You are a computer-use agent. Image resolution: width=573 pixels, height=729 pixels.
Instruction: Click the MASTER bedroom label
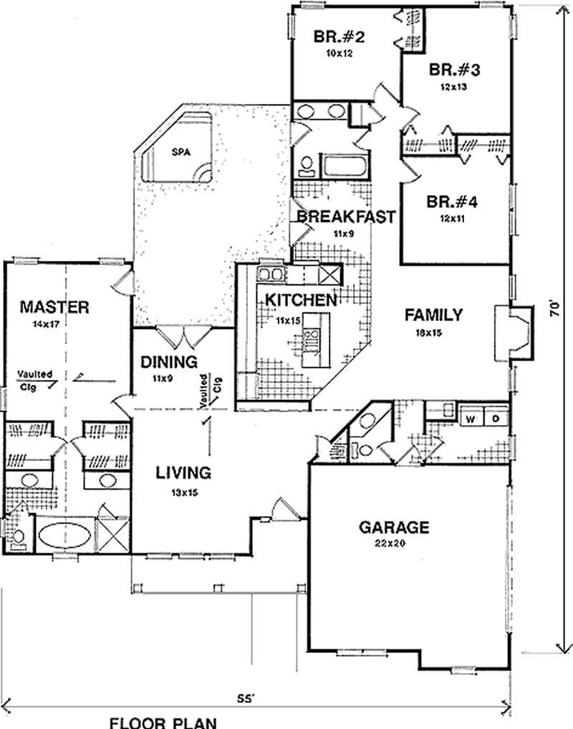point(54,308)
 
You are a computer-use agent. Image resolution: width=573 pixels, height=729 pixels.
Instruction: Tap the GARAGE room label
point(393,528)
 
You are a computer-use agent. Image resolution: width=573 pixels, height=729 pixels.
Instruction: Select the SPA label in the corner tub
point(179,151)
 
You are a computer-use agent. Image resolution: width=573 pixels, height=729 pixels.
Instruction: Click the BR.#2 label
point(340,36)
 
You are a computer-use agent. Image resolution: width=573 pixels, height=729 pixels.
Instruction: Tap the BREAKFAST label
point(346,216)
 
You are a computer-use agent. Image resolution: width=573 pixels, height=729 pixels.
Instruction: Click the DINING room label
point(169,362)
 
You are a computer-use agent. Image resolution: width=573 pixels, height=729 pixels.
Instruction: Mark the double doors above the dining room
point(184,335)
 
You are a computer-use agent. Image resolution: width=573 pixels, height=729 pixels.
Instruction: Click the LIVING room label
point(183,472)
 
